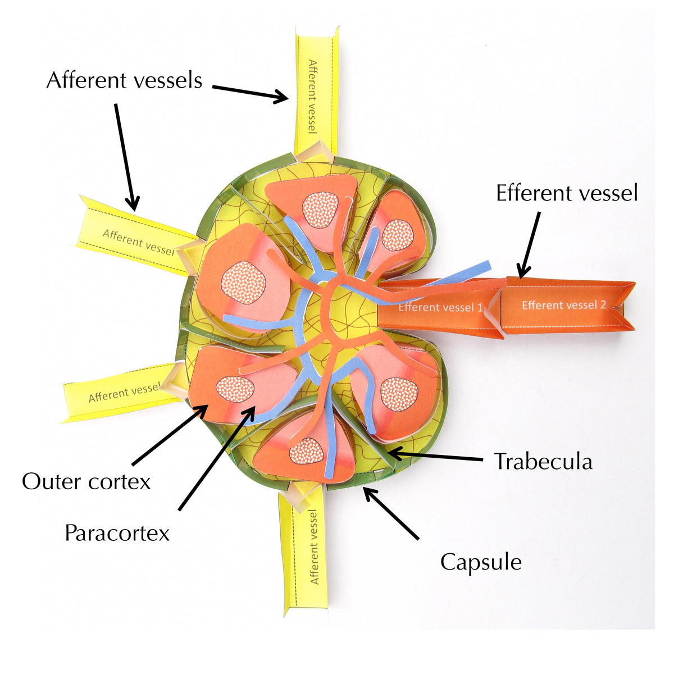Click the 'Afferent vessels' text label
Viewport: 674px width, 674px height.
click(x=124, y=80)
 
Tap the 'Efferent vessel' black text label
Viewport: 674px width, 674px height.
click(x=567, y=193)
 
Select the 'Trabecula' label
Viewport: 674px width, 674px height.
click(x=543, y=462)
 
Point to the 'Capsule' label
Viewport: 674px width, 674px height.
click(x=481, y=562)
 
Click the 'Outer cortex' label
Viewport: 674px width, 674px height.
click(x=86, y=481)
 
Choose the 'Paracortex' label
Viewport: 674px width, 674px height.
click(x=117, y=532)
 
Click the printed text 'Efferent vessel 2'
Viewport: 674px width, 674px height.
click(x=564, y=305)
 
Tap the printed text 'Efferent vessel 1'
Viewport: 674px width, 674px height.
click(x=440, y=307)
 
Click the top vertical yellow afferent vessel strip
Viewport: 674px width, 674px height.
click(x=316, y=90)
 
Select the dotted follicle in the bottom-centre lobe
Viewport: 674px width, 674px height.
click(x=307, y=450)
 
